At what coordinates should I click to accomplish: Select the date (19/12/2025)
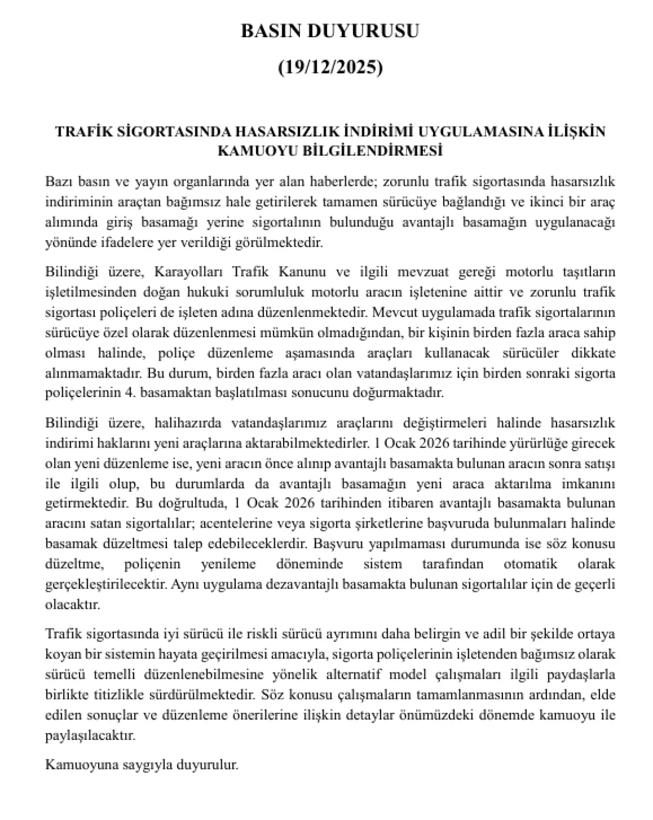330,67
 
